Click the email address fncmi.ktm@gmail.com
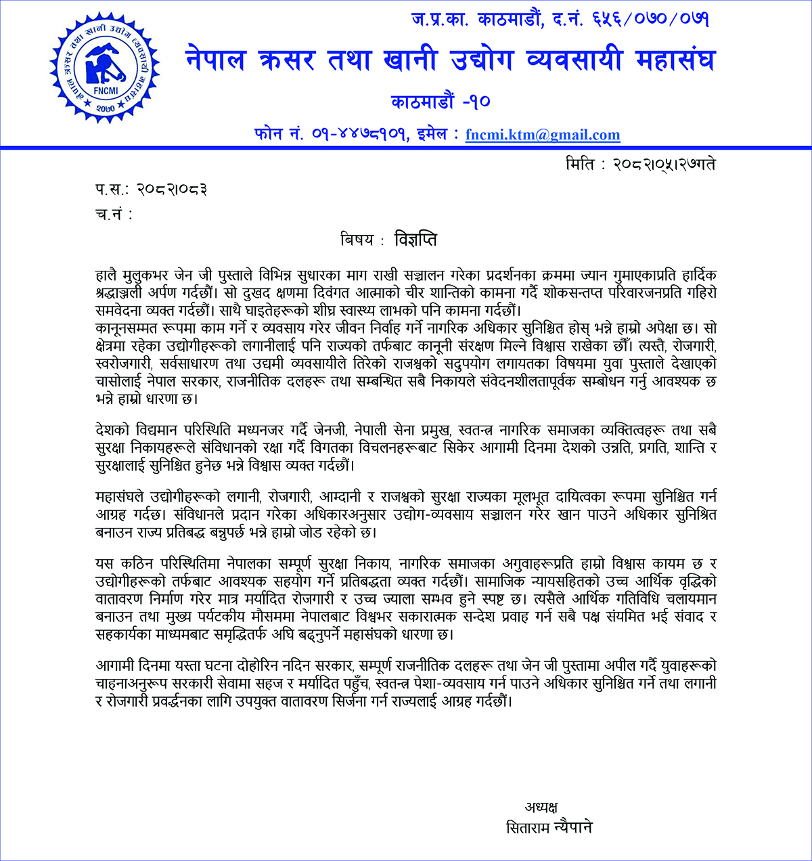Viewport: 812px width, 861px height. pyautogui.click(x=543, y=135)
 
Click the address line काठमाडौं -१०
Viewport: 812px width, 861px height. pyautogui.click(x=440, y=102)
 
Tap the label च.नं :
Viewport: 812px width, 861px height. pyautogui.click(x=114, y=215)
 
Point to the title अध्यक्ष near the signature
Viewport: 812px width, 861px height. pyautogui.click(x=541, y=806)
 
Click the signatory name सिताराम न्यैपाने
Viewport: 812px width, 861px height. pyautogui.click(x=549, y=827)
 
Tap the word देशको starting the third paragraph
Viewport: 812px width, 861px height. pyautogui.click(x=113, y=430)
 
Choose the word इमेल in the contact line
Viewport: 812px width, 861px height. pyautogui.click(x=435, y=134)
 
